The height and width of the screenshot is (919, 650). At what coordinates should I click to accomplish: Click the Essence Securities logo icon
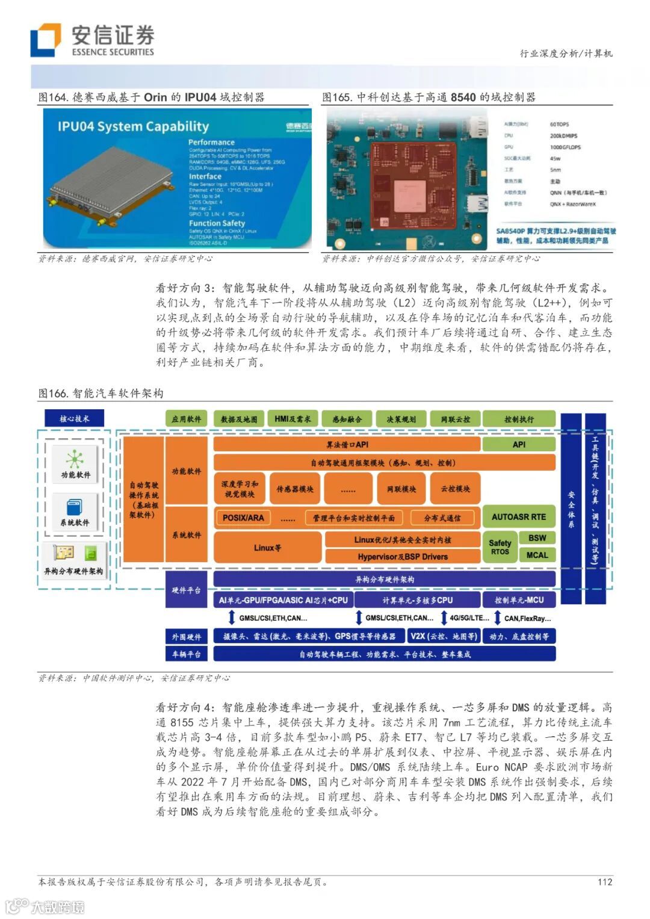tap(46, 40)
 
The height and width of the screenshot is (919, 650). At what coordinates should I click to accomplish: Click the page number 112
tap(605, 882)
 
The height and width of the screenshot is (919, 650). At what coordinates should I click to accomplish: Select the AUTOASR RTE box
tap(518, 516)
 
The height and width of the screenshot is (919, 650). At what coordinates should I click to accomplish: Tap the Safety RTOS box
tap(500, 547)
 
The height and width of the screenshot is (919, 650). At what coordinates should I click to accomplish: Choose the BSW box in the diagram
tap(537, 538)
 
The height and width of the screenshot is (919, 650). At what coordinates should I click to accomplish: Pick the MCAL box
tap(537, 555)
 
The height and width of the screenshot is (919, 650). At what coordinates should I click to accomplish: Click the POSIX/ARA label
tap(243, 518)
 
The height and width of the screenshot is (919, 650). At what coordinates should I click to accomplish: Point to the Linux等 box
tap(267, 548)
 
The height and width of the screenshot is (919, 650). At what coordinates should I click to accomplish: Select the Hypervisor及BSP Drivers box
tap(402, 557)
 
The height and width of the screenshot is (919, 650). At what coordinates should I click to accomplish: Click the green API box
tap(518, 444)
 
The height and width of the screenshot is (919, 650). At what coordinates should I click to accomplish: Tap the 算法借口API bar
tap(347, 444)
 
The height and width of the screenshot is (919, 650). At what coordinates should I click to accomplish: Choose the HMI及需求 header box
tap(292, 419)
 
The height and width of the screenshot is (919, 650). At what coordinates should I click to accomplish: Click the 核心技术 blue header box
tap(74, 418)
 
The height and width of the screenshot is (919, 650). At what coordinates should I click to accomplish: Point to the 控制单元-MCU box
tap(518, 600)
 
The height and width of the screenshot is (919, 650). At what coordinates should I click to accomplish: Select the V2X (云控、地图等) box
tap(444, 636)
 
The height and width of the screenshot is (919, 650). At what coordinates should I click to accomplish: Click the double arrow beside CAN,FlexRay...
tap(498, 617)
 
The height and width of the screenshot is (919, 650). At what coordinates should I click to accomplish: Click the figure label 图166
tap(53, 393)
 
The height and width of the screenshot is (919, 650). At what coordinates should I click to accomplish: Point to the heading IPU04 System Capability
tap(133, 126)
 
